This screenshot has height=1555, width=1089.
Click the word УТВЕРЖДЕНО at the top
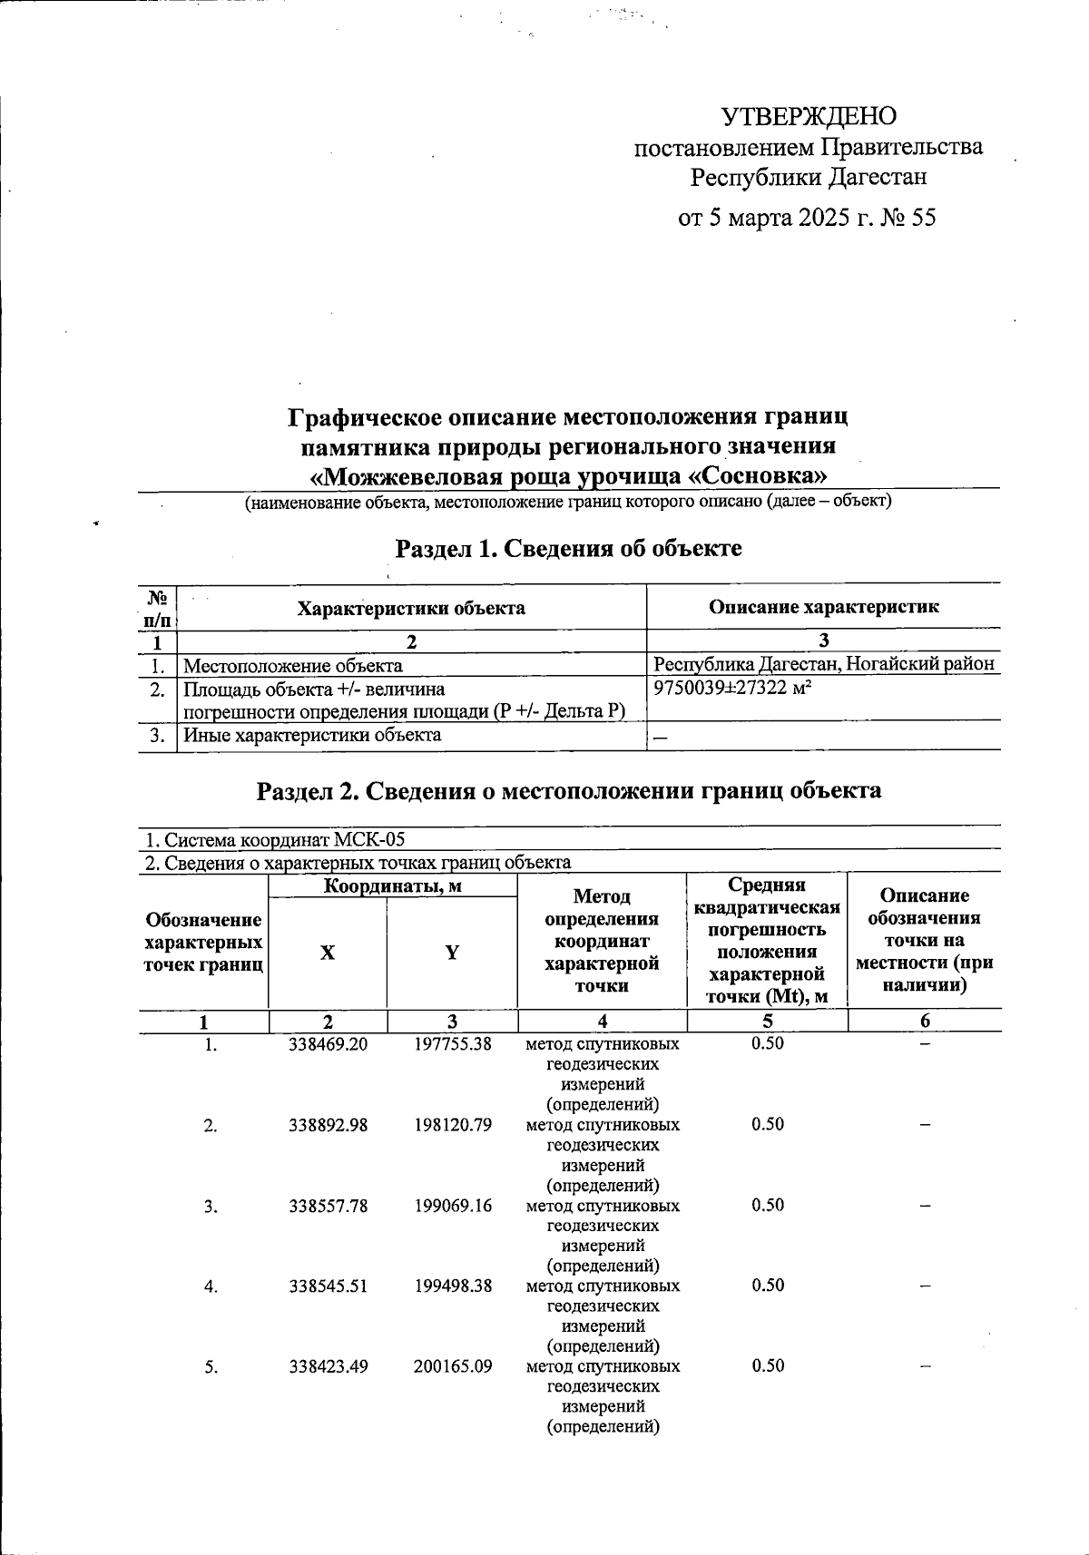809,116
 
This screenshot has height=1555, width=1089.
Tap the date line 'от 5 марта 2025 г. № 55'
807,219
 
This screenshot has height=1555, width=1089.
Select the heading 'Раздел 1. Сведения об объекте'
568,548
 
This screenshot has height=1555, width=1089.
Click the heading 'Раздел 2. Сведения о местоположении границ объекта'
568,790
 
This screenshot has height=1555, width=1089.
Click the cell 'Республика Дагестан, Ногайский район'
824,664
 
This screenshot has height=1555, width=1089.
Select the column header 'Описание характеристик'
823,607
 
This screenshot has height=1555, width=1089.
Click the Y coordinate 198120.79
452,1125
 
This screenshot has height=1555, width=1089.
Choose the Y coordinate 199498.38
452,1286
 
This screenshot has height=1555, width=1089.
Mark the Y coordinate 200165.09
452,1366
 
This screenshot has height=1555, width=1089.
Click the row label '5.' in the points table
211,1367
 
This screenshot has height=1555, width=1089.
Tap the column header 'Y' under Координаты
451,953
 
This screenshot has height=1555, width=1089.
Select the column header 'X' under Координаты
327,953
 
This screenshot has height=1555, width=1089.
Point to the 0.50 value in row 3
767,1206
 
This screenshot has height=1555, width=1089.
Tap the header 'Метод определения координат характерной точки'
601,941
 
